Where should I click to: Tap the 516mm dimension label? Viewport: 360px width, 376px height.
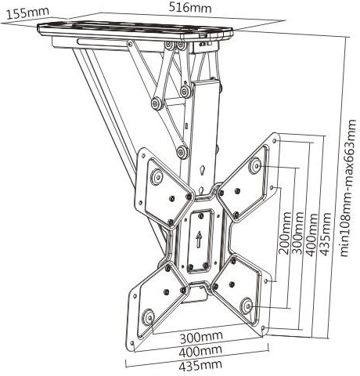(190, 7)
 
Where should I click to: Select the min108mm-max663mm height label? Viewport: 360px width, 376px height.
(348, 188)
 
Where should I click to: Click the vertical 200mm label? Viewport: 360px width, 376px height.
(284, 233)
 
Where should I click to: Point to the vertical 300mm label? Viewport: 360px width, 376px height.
(297, 233)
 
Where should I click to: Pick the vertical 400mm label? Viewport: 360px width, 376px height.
(311, 234)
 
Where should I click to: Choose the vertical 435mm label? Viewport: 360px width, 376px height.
(326, 234)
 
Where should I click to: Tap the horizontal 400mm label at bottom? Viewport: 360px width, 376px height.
(200, 351)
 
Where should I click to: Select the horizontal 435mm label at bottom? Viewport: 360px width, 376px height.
(200, 365)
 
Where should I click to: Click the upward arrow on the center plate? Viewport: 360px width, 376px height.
(199, 240)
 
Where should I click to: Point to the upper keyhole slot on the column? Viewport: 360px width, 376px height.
(202, 170)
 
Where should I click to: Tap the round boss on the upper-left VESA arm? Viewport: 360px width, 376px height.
(157, 177)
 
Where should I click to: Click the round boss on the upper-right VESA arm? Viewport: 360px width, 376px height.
(255, 165)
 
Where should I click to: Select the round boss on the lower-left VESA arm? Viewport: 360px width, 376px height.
(149, 317)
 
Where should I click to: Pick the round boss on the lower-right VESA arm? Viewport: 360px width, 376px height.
(247, 305)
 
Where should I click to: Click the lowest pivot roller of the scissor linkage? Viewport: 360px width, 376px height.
(182, 152)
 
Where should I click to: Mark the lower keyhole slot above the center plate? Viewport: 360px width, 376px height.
(200, 190)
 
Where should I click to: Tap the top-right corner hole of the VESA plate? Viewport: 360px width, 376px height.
(275, 141)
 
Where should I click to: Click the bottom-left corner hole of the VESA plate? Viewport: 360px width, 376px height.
(132, 342)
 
